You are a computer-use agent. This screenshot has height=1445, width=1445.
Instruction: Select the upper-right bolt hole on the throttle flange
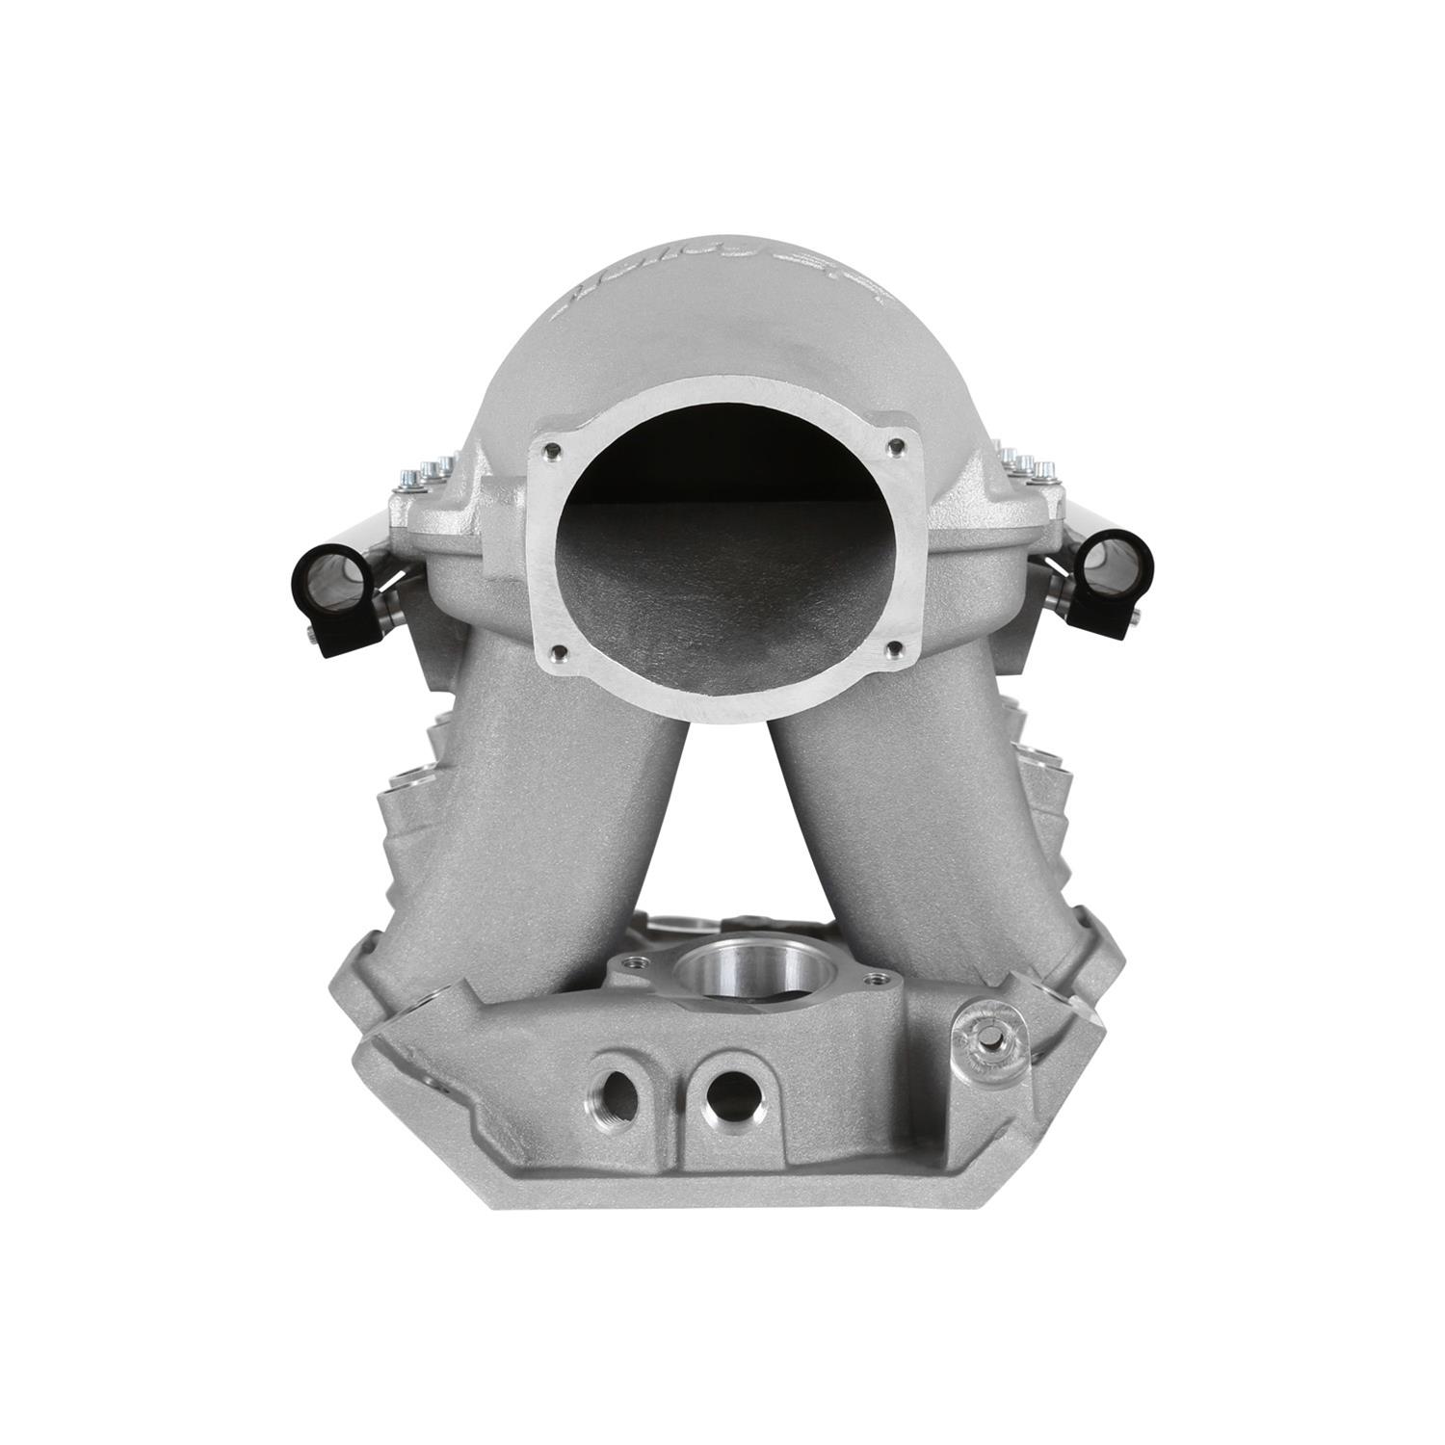898,445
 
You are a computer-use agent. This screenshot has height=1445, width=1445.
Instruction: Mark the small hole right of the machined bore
874,978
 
